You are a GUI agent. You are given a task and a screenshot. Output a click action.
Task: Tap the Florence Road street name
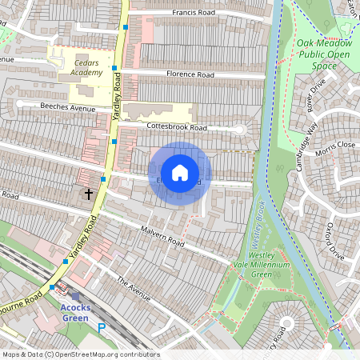point(190,74)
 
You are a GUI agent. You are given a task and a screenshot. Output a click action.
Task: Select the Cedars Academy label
point(86,67)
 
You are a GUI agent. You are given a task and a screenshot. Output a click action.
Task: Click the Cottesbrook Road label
point(177,127)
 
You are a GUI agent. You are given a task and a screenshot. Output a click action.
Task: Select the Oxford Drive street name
point(334,240)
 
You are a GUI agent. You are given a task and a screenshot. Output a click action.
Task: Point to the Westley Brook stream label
point(258,225)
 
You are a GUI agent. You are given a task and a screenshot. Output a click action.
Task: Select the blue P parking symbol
point(102,327)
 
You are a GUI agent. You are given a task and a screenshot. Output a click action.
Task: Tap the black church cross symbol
point(89,194)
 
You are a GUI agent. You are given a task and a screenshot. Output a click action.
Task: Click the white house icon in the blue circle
point(180,173)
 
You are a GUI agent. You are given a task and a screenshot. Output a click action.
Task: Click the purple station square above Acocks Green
point(75,296)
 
